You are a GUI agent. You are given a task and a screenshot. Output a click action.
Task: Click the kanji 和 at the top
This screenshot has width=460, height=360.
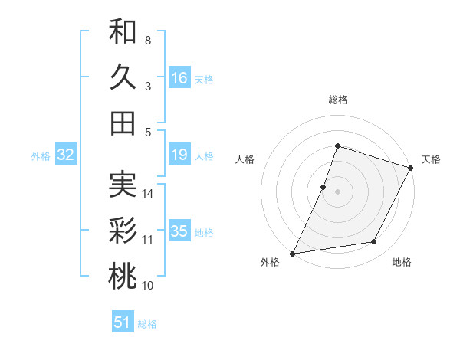[123, 32]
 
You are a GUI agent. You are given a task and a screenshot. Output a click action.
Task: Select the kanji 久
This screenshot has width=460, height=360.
[123, 77]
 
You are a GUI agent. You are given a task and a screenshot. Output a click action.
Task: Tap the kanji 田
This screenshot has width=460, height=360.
[123, 123]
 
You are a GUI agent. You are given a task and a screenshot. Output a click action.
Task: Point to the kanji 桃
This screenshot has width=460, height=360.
[123, 277]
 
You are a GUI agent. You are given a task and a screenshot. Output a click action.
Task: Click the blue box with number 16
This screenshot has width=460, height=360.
[179, 77]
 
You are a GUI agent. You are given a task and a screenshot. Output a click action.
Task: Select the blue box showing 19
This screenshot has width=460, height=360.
[179, 155]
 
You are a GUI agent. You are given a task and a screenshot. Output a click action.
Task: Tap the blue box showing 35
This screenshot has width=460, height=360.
[179, 231]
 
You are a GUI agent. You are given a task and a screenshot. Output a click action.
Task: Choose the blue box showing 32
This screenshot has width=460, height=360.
[65, 155]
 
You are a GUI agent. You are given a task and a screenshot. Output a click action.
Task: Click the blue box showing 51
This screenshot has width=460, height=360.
[123, 322]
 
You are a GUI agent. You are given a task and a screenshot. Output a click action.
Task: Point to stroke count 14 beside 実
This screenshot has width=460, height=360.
[149, 194]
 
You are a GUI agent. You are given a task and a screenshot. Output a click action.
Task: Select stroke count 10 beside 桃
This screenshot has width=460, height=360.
[148, 286]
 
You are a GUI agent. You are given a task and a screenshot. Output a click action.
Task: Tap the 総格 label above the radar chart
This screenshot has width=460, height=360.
[337, 100]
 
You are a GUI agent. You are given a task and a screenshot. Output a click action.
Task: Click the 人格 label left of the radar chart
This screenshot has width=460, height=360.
[245, 159]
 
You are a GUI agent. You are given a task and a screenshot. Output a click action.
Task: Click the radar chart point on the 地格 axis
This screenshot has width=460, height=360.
[374, 242]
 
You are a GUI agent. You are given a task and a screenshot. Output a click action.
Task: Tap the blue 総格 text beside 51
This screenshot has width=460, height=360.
[147, 324]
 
